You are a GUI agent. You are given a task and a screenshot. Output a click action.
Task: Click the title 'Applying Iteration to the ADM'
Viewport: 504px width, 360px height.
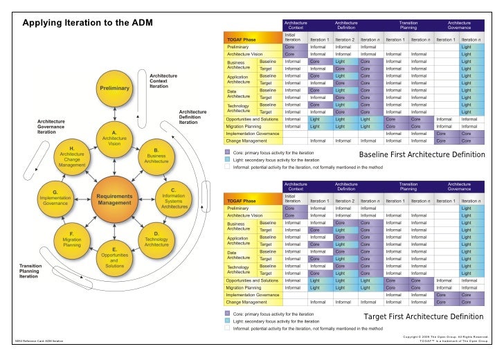point(88,24)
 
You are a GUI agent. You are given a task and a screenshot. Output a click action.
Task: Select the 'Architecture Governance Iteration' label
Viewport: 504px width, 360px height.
point(51,127)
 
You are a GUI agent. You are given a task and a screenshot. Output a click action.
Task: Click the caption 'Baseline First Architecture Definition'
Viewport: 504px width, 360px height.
point(422,154)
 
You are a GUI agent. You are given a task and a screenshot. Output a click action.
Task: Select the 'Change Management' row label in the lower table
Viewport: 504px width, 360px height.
point(246,302)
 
